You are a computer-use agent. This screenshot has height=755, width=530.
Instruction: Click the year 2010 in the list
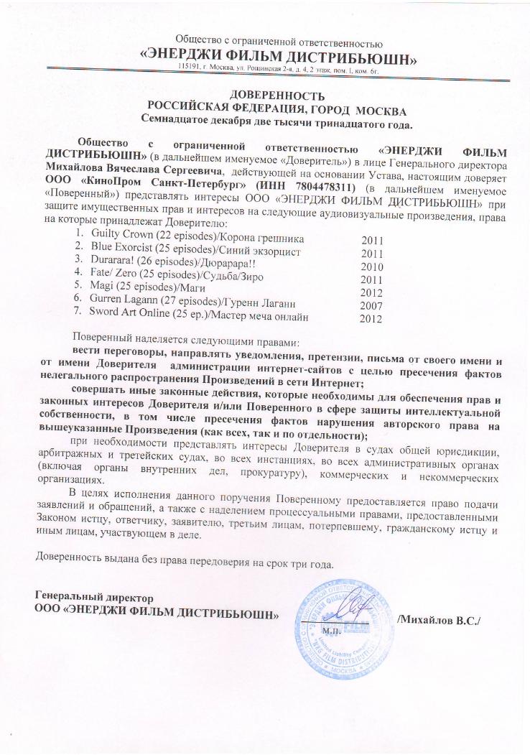coord(372,267)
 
